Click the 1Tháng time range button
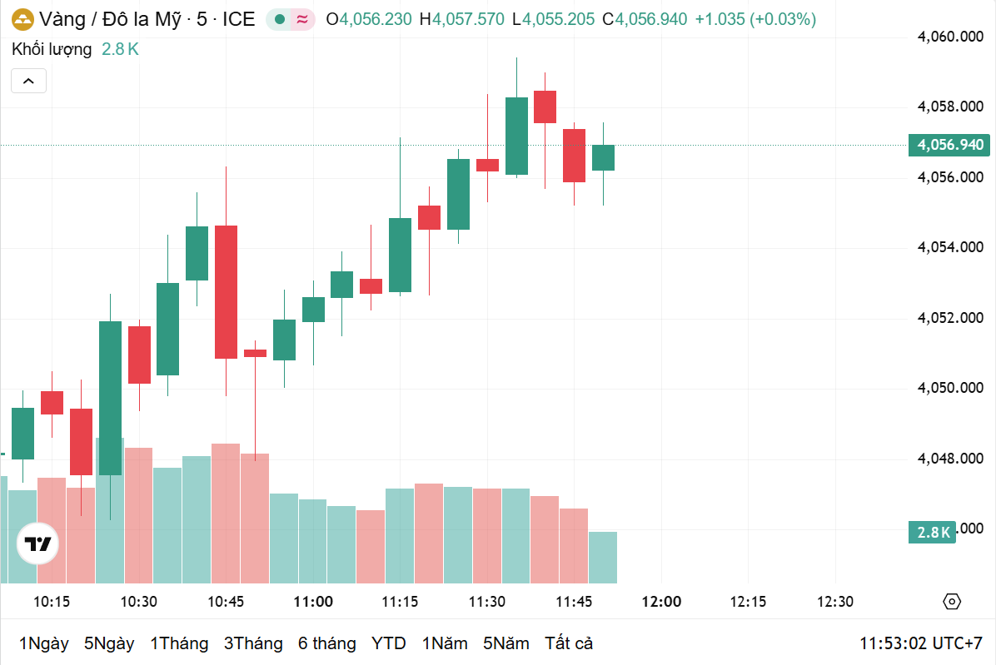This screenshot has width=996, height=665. point(178,643)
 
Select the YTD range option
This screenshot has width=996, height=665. point(388,643)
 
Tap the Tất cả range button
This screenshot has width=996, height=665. point(569,643)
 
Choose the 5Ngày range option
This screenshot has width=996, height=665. point(109,643)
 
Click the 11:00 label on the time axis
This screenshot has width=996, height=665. point(313,602)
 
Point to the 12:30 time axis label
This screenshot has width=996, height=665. point(835,602)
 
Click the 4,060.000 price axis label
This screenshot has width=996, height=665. point(950,37)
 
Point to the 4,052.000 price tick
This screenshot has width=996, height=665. point(950,318)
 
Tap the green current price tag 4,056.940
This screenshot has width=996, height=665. point(949,145)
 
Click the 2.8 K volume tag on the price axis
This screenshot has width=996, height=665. point(932,533)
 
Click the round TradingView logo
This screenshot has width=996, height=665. point(38,545)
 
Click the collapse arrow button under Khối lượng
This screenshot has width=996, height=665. point(28,81)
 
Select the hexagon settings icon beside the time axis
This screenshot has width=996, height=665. point(952,602)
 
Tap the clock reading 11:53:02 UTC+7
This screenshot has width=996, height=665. point(921,643)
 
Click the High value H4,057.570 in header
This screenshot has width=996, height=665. point(462,19)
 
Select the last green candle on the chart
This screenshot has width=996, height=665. point(603,157)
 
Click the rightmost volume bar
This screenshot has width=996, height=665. point(603,558)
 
